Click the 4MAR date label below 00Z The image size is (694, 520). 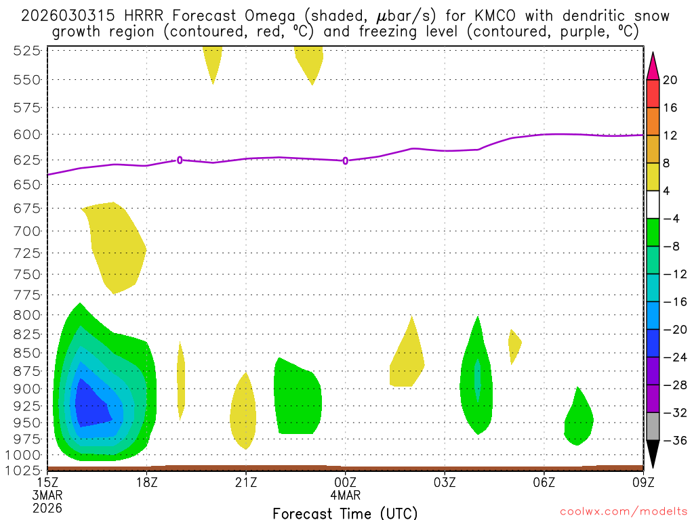coord(346,494)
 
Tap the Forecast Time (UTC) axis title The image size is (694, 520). coord(345,513)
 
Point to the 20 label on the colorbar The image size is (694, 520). coord(671,80)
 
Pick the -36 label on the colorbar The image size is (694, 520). coord(674,441)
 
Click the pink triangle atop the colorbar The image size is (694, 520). coord(653,65)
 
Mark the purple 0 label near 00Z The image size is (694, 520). coord(346,160)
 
